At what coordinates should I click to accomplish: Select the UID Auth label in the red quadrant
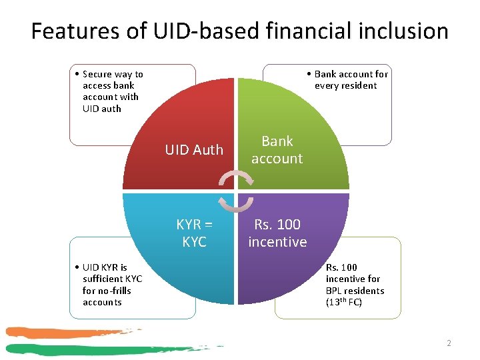pos(194,150)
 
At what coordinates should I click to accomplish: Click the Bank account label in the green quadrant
pos(277,150)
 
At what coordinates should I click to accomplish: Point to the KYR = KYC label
pos(194,233)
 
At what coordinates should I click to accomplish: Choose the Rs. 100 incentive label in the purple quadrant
pos(277,233)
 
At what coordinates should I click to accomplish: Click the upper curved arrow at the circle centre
pos(237,176)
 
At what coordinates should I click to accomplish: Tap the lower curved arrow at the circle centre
pos(237,203)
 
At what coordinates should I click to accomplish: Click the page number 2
pos(449,343)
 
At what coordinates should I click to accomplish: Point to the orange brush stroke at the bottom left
pos(60,333)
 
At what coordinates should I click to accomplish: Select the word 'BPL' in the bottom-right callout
pos(335,291)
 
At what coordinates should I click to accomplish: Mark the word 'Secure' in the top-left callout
pos(97,74)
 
